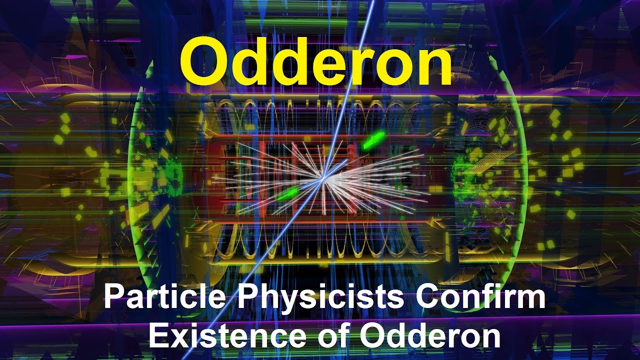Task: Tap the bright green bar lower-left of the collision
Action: point(286,194)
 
